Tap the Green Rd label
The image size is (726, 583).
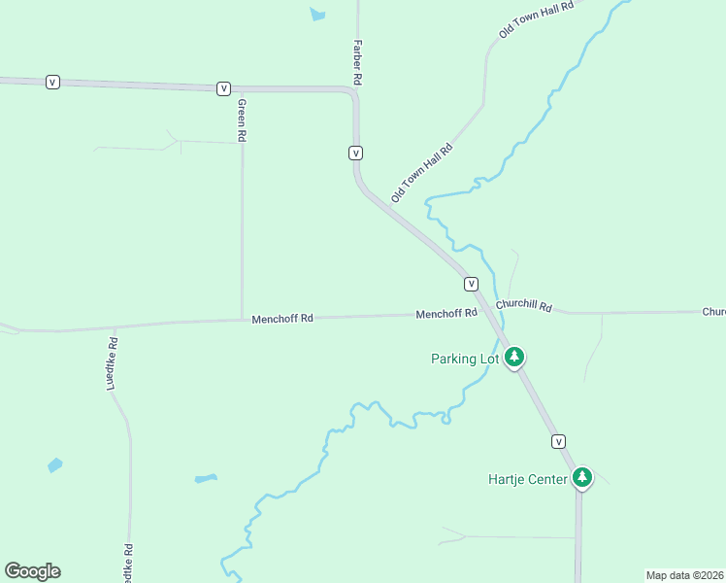coord(242,120)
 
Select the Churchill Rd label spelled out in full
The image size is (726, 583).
coord(523,305)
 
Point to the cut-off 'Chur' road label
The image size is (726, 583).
coord(713,312)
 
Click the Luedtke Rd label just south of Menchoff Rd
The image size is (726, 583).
coord(112,363)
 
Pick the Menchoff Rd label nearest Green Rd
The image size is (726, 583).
coord(282,318)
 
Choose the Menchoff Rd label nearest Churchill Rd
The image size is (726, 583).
coord(446,313)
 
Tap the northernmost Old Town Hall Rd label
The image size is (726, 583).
coord(537,18)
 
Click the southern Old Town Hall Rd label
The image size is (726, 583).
coord(422,174)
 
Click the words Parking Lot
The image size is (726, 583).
coord(465,359)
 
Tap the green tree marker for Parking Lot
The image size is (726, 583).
coord(514,357)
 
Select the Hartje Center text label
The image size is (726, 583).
coord(528,479)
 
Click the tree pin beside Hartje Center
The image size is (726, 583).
coord(582,476)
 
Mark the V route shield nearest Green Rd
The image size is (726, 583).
coord(224,88)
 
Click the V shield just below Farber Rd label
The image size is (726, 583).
coord(356,153)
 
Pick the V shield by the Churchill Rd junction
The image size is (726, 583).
coord(471,284)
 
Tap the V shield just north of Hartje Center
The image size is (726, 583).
coord(558,441)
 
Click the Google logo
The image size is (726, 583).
coord(32,571)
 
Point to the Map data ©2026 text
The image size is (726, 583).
coord(684,575)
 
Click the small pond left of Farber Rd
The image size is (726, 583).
coord(317,15)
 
